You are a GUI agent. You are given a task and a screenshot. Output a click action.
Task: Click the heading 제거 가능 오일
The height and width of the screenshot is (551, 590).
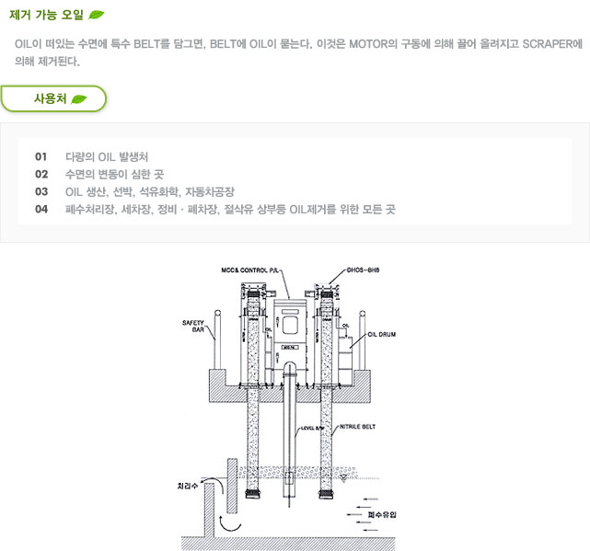pyautogui.click(x=46, y=15)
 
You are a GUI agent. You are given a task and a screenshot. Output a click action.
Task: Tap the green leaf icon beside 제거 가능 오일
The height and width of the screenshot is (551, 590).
pyautogui.click(x=97, y=15)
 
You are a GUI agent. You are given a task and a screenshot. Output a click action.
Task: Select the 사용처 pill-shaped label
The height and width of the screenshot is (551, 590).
pyautogui.click(x=53, y=98)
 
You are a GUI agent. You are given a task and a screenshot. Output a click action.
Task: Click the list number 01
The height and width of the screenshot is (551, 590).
pyautogui.click(x=40, y=156)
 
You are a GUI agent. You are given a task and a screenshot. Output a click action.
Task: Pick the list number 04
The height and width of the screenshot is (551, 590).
pyautogui.click(x=40, y=209)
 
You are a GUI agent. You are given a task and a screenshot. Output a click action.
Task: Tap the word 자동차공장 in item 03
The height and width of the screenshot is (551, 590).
pyautogui.click(x=210, y=191)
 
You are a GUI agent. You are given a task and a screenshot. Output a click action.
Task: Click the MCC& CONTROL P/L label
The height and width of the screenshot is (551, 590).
pyautogui.click(x=249, y=271)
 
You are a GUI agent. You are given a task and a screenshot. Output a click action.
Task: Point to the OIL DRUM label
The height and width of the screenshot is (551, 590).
pyautogui.click(x=380, y=335)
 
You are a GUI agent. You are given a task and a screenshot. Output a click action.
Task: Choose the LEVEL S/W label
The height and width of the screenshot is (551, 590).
pyautogui.click(x=314, y=429)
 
